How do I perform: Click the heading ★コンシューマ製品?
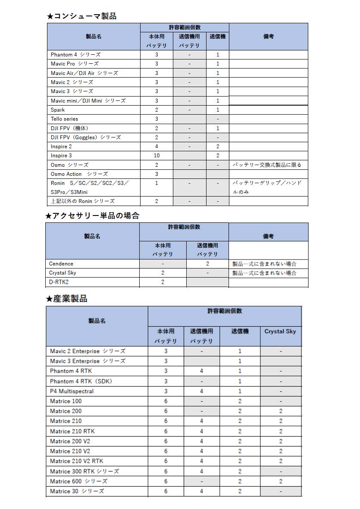[x=81, y=16]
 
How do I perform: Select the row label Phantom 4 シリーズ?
[x=75, y=55]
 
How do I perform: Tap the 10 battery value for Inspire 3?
[x=157, y=156]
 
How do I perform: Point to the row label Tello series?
[x=64, y=119]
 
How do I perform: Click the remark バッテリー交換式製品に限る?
[x=267, y=165]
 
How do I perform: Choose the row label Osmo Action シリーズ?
[x=79, y=174]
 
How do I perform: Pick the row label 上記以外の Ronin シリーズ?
[x=82, y=201]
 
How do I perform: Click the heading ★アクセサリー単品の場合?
[x=93, y=216]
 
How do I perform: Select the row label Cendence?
[x=61, y=264]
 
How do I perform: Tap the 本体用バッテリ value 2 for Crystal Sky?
[x=163, y=273]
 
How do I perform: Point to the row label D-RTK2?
[x=59, y=282]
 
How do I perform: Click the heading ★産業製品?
[x=67, y=299]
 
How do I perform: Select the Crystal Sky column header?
[x=280, y=331]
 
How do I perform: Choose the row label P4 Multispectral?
[x=72, y=391]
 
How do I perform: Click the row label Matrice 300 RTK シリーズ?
[x=85, y=472]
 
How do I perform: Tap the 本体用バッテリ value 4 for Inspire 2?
[x=157, y=147]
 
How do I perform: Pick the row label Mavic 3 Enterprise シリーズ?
[x=88, y=361]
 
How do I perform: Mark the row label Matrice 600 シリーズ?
[x=78, y=481]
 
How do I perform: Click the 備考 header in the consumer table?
[x=268, y=37]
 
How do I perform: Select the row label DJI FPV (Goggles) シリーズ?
[x=86, y=137]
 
